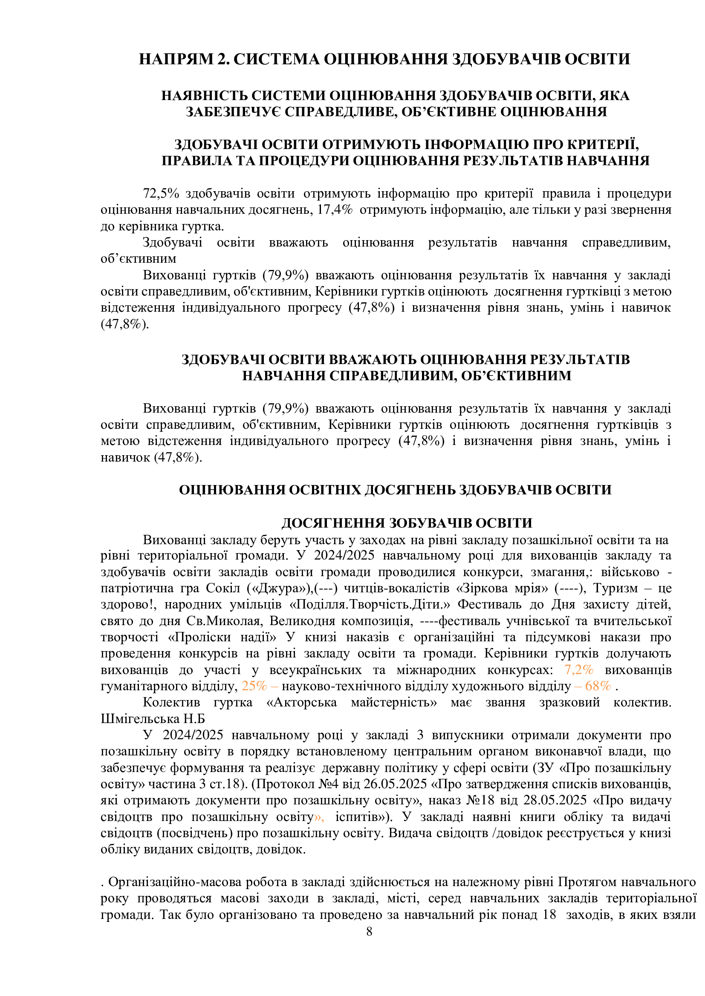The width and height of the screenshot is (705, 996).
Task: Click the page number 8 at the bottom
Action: (x=369, y=931)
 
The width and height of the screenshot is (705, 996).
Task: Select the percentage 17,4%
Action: (x=335, y=210)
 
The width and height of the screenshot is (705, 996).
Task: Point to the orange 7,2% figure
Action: (x=579, y=670)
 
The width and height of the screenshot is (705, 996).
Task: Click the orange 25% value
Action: (x=254, y=686)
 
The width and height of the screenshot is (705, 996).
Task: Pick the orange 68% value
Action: (x=598, y=686)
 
